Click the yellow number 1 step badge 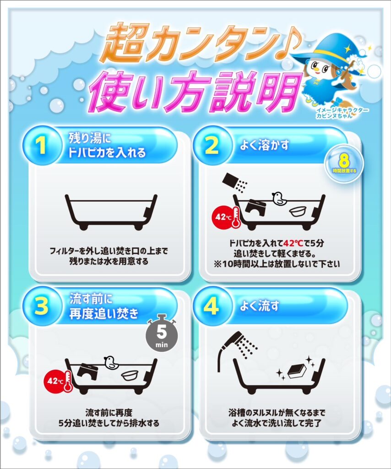(x=41, y=146)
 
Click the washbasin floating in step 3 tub (x=130, y=374)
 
